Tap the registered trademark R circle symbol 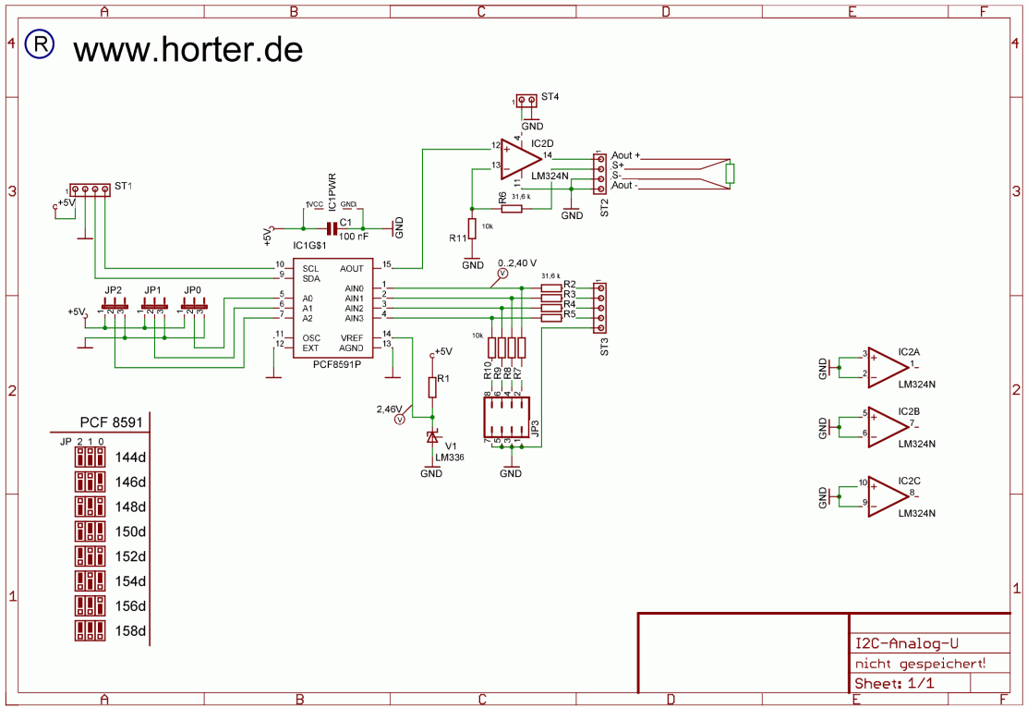[40, 44]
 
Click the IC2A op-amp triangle [886, 366]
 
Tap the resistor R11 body [472, 228]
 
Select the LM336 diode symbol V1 [431, 437]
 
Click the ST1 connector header [91, 189]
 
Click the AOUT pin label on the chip [352, 268]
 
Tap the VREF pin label [352, 337]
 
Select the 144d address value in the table [130, 458]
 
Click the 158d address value [130, 631]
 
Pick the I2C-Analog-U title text [907, 644]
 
